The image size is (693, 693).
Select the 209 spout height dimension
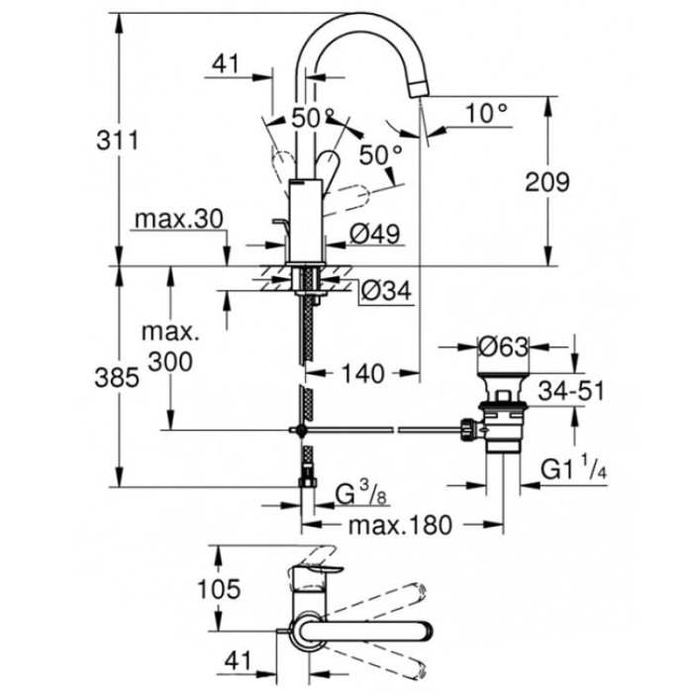point(546,181)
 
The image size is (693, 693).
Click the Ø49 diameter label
point(373,235)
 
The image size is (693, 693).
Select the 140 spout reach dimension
point(361,373)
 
